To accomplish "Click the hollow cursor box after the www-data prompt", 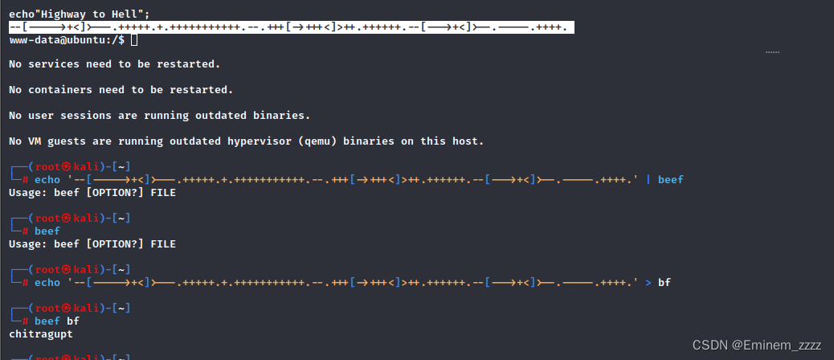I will point(133,39).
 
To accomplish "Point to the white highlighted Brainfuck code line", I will point(289,27).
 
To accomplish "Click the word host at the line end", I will point(468,141).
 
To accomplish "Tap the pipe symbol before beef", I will point(648,180).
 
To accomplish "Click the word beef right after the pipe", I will point(670,180).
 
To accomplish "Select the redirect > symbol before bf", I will point(648,282).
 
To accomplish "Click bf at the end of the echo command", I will point(664,282).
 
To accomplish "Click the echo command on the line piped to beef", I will point(47,180).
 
